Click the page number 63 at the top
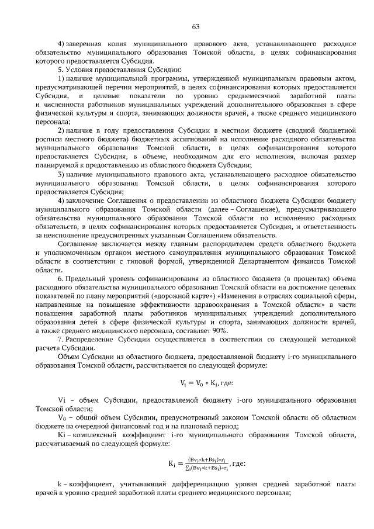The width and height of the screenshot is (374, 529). (x=195, y=26)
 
